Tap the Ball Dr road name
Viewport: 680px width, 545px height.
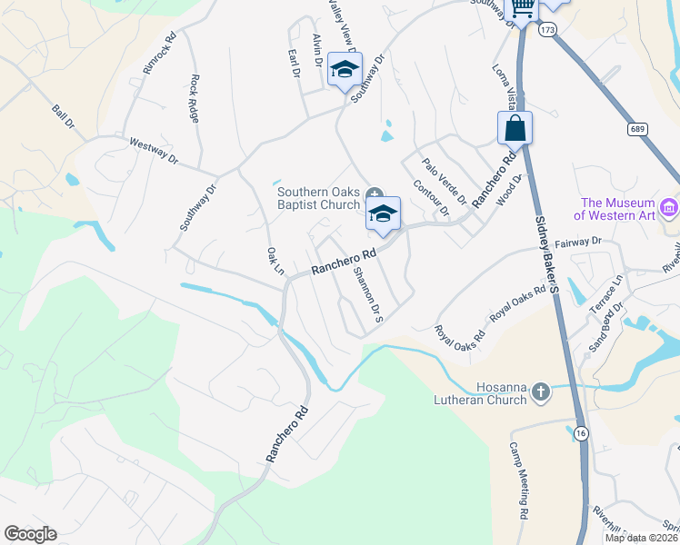point(63,117)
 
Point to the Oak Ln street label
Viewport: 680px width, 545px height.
point(275,261)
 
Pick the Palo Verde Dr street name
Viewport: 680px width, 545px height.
point(445,180)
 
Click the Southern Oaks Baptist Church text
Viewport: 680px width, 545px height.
point(319,198)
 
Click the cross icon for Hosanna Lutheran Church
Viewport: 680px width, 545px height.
point(541,392)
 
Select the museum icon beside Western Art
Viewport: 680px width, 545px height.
point(671,209)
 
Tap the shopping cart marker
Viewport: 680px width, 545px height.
point(522,8)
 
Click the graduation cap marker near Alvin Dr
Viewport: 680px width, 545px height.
point(345,69)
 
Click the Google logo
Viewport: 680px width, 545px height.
point(30,534)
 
